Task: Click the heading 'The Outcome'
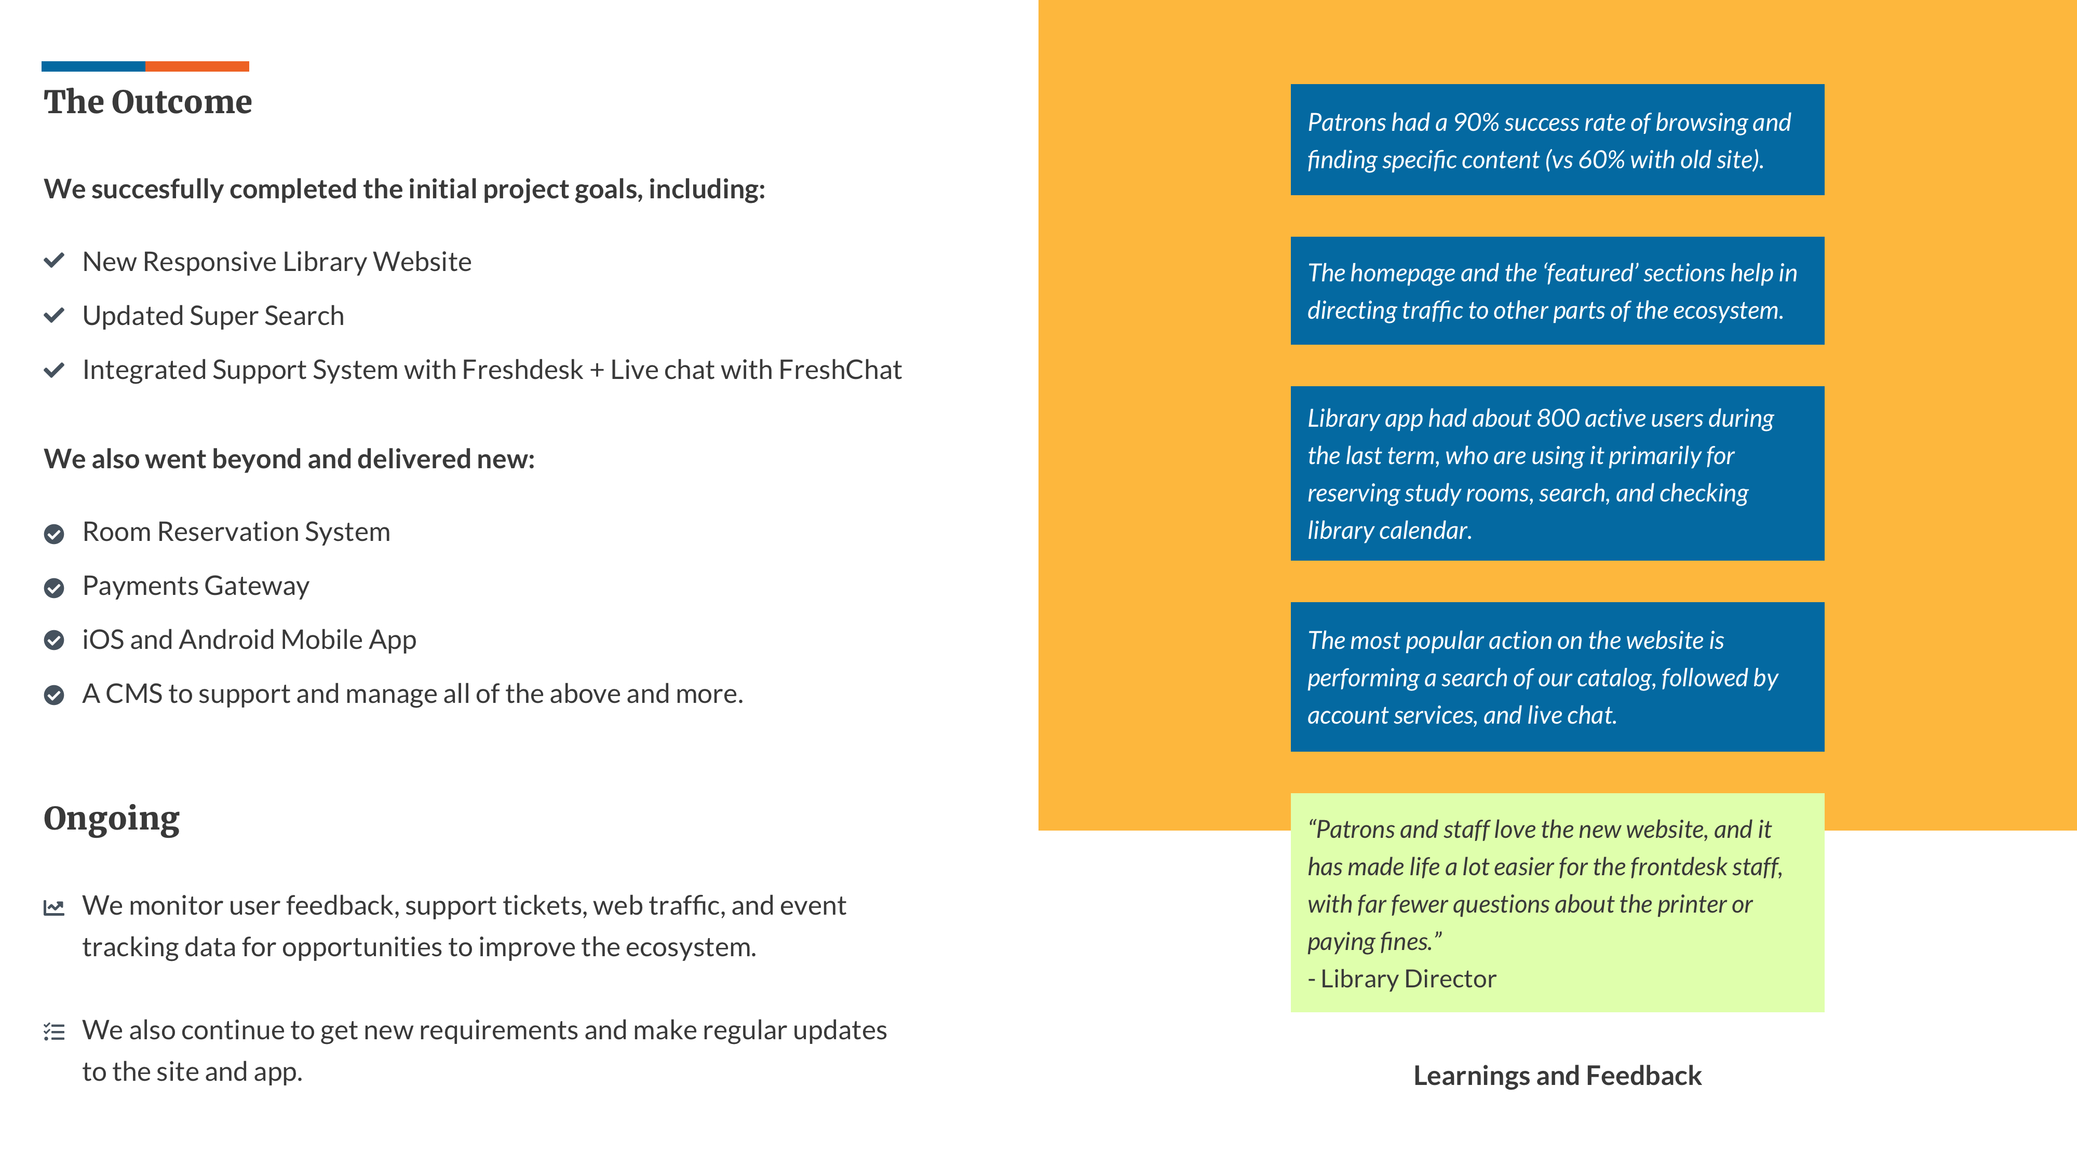[147, 102]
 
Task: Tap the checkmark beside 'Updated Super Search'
[54, 315]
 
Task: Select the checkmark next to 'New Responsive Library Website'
[54, 261]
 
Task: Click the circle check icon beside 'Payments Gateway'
[54, 588]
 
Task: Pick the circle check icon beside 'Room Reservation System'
[54, 534]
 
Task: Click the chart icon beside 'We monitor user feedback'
[54, 907]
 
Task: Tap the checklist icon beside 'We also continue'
[54, 1032]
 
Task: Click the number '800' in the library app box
[1558, 418]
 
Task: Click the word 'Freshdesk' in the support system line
[522, 370]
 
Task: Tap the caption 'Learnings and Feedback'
[1557, 1075]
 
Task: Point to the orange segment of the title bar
[197, 66]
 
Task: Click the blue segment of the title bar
[93, 66]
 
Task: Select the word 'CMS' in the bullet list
[134, 694]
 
